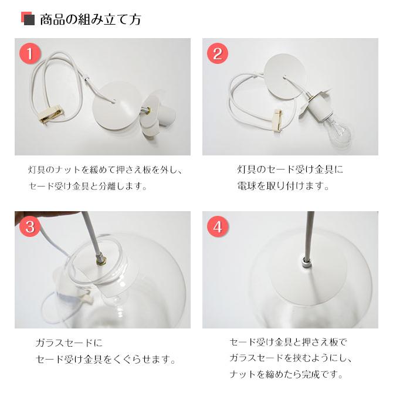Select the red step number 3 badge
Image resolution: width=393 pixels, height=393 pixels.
(30, 226)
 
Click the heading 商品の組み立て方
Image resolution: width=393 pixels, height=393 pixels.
(90, 19)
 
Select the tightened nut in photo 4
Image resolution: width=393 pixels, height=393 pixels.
(306, 260)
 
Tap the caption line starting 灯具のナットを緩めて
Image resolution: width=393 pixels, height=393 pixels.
(106, 171)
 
